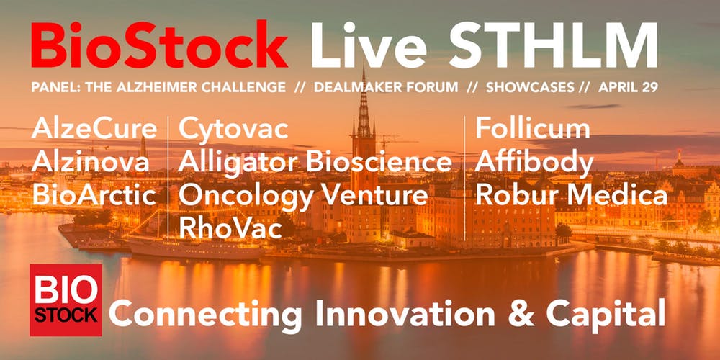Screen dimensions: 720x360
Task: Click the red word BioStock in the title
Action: (159, 45)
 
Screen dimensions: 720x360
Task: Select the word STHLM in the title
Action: (554, 45)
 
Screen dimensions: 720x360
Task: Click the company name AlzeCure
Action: (94, 129)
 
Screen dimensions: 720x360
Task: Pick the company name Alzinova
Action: (91, 162)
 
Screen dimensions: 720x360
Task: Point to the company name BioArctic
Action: (94, 195)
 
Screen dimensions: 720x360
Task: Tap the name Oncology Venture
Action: (304, 197)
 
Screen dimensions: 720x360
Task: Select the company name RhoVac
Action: (230, 228)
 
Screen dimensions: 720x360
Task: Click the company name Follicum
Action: (533, 129)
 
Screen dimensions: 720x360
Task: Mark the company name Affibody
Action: (534, 163)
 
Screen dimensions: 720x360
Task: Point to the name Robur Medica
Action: (572, 195)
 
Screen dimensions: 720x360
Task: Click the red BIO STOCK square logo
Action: (66, 300)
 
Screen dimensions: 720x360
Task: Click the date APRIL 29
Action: (628, 87)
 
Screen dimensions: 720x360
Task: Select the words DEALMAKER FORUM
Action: (386, 87)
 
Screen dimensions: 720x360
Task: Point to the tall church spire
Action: (364, 106)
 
